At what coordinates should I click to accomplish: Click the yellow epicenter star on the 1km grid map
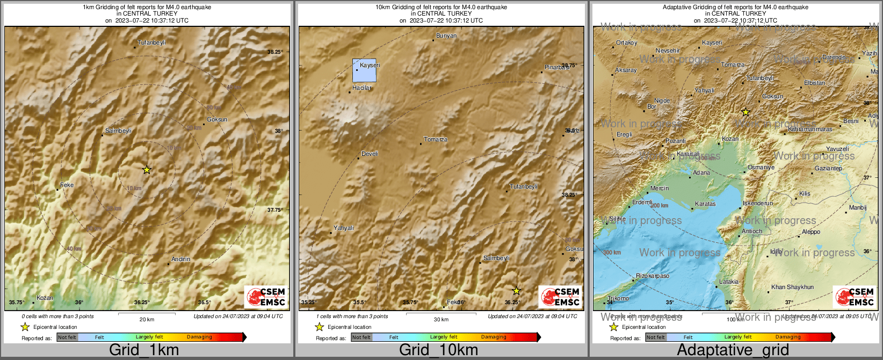[x=147, y=170]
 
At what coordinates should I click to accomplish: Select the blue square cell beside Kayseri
[x=364, y=70]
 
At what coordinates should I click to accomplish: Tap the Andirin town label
[x=181, y=259]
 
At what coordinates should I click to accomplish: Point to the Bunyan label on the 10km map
[x=446, y=36]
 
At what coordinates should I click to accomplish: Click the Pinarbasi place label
[x=557, y=68]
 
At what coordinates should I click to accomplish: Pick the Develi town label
[x=370, y=154]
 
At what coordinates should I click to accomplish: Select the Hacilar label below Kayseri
[x=362, y=88]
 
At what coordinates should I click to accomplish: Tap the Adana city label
[x=701, y=172]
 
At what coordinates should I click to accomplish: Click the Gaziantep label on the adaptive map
[x=828, y=168]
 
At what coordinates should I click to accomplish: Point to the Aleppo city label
[x=811, y=232]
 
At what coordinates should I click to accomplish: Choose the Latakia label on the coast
[x=729, y=282]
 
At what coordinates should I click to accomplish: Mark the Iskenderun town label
[x=758, y=203]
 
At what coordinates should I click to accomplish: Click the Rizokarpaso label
[x=653, y=276]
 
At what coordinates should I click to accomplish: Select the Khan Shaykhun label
[x=792, y=287]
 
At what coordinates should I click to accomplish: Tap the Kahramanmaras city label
[x=810, y=129]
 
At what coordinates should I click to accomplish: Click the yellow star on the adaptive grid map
[x=746, y=112]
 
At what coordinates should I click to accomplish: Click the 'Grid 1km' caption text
[x=144, y=350]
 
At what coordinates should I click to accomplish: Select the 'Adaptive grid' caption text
[x=733, y=350]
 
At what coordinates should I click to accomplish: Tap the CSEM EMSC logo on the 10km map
[x=561, y=297]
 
